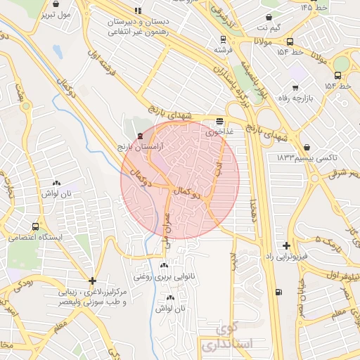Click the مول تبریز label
tap(56, 13)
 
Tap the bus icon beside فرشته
tap(223, 40)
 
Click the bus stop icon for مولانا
tap(290, 41)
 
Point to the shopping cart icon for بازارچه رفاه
tap(294, 87)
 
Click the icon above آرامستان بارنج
tap(139, 135)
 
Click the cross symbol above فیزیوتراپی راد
tap(286, 245)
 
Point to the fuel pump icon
tap(280, 292)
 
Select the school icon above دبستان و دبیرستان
tap(137, 11)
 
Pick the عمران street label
tap(168, 228)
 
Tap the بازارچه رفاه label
tap(295, 98)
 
